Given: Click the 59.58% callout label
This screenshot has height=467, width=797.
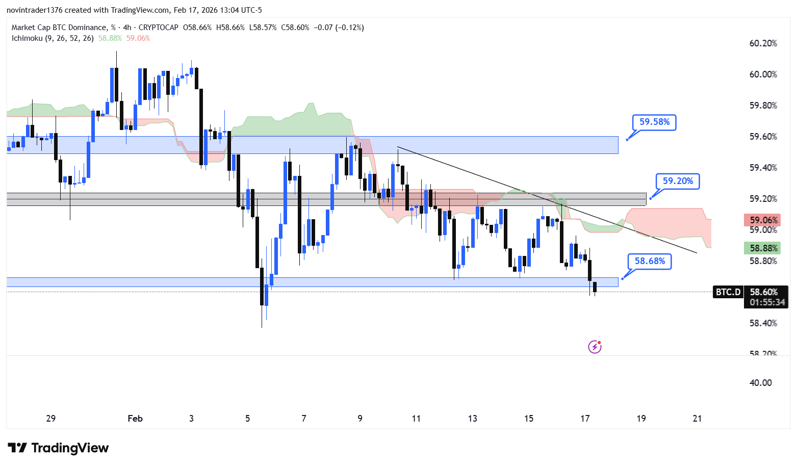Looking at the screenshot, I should [x=654, y=122].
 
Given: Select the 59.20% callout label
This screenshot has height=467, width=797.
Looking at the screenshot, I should [x=678, y=181].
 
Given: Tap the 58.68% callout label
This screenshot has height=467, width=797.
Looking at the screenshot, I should [x=650, y=261].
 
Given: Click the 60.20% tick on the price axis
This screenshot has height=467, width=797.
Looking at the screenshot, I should [x=763, y=43].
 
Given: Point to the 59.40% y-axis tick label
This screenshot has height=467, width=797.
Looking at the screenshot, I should [x=763, y=168].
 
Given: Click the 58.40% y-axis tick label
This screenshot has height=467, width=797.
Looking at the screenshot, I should [x=763, y=323].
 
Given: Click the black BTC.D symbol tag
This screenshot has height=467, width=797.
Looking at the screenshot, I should [x=728, y=292].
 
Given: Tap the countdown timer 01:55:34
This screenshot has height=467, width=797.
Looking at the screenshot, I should [x=767, y=302].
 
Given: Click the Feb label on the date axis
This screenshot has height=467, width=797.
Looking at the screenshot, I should [x=135, y=419].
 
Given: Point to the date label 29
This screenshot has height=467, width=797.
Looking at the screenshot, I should [x=51, y=419].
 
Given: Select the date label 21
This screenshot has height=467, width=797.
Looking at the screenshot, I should [x=697, y=419].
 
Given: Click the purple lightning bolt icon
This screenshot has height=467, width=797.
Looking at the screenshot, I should [x=595, y=347].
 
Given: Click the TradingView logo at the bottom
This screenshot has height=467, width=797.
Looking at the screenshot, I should [x=59, y=448].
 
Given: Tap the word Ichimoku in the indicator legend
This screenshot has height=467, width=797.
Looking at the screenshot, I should [x=27, y=38].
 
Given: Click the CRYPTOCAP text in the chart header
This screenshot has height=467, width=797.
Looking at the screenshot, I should [x=159, y=28].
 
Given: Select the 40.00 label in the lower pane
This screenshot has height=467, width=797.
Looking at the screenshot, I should [x=760, y=383].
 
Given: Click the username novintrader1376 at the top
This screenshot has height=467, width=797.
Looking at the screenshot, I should [x=34, y=10].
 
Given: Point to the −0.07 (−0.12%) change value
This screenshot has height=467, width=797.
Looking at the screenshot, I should [x=339, y=28].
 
